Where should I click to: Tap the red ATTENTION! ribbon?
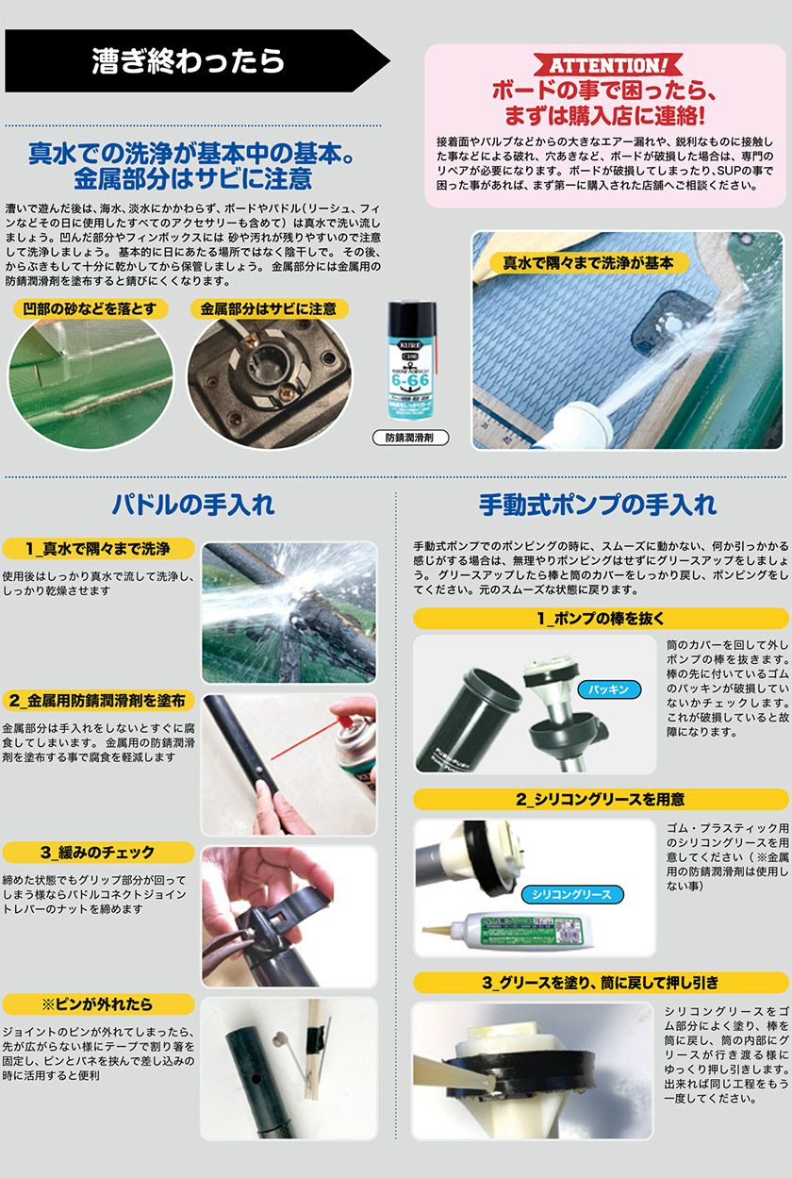coord(608,65)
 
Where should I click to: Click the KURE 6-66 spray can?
coord(411,360)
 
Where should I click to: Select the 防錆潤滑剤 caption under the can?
coord(410,438)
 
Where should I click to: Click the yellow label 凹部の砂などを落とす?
coord(90,308)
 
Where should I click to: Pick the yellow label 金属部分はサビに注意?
coord(269,308)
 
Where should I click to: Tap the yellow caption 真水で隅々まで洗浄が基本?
coord(588,263)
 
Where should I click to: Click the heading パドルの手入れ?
coord(194,505)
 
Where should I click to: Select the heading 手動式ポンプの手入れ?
coord(598,505)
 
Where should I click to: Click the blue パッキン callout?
coord(608,689)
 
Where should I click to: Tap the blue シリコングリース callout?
coord(572,894)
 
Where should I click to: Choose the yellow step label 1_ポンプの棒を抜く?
coord(601,619)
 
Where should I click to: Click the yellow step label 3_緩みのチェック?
coord(98,852)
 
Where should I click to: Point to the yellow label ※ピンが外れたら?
coord(98,1004)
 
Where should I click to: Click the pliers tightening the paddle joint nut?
coord(231,943)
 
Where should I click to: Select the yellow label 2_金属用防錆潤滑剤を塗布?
coord(98,701)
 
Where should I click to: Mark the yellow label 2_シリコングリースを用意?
coord(601,800)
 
